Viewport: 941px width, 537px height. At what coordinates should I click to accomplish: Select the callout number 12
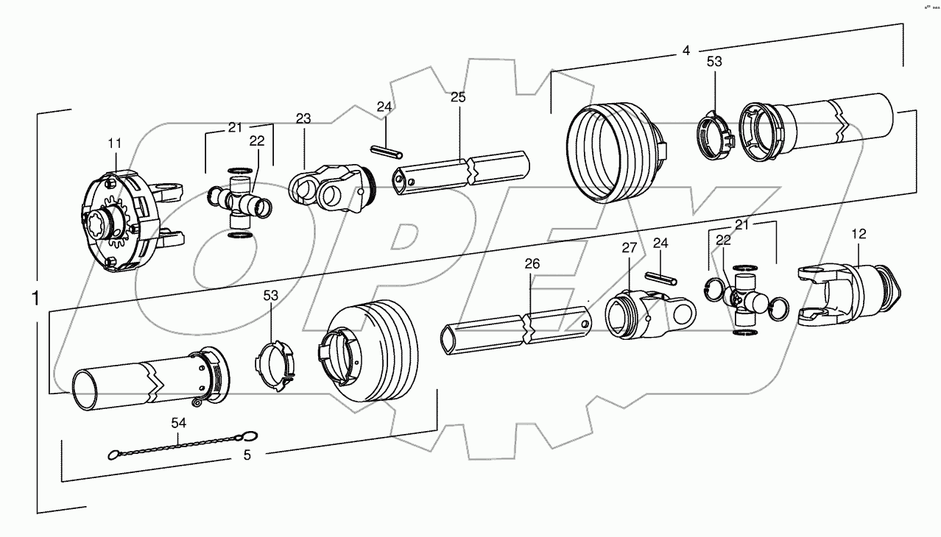pos(859,234)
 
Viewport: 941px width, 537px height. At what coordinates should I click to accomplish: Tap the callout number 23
pos(303,118)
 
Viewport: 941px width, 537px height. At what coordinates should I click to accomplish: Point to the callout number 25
pos(458,97)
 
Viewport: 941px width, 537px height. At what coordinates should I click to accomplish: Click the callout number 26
pos(532,263)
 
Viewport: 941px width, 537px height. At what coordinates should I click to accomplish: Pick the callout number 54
pos(178,423)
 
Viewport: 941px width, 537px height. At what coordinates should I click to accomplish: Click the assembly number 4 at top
pos(686,51)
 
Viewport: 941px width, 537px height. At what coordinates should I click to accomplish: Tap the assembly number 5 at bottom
pos(247,455)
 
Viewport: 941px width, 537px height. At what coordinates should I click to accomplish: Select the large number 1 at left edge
pos(35,299)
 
